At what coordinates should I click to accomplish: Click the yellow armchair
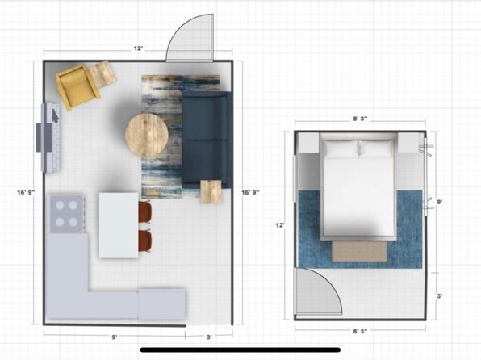point(77,87)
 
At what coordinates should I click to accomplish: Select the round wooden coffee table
point(146,136)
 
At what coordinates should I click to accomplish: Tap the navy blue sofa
point(206,140)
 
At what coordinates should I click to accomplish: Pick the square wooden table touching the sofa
point(211,191)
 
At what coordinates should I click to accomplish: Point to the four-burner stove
point(66,213)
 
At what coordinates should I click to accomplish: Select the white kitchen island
point(119,225)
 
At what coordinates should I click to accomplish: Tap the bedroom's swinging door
point(318,291)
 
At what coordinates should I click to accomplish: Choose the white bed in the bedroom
point(358,187)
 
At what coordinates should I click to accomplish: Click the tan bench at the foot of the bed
point(359,251)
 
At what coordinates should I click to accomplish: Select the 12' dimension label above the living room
point(138,48)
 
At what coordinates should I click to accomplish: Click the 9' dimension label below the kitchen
point(114,337)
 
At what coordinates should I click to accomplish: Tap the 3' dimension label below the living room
point(208,337)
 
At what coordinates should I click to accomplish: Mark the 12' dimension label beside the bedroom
point(280,225)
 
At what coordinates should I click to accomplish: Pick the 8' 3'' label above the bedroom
point(360,119)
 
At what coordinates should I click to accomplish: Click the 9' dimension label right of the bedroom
point(439,202)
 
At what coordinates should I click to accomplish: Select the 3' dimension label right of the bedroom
point(439,296)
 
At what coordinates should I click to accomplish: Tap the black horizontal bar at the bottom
point(240,350)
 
